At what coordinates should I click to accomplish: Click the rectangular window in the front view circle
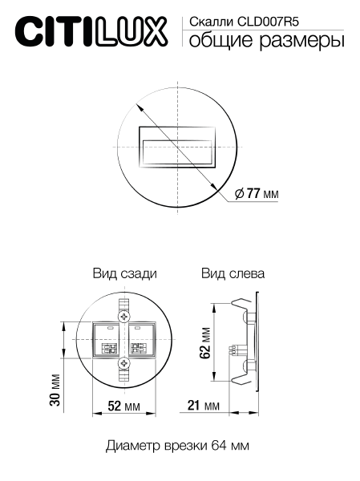tap(179, 148)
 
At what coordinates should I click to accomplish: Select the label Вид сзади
tap(123, 273)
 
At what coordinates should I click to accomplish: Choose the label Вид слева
tap(233, 273)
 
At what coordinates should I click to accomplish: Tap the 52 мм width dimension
tap(123, 407)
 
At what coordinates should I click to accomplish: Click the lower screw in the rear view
tap(123, 365)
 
